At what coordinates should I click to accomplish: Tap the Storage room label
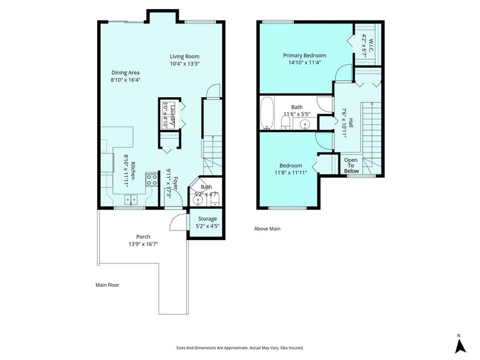pyautogui.click(x=203, y=219)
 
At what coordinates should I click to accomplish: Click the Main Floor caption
pyautogui.click(x=107, y=285)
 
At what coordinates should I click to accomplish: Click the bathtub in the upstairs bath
pyautogui.click(x=267, y=113)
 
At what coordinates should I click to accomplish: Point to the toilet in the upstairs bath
pyautogui.click(x=286, y=123)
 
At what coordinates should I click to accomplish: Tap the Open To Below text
pyautogui.click(x=350, y=166)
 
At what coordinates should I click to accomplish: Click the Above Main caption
pyautogui.click(x=268, y=229)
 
